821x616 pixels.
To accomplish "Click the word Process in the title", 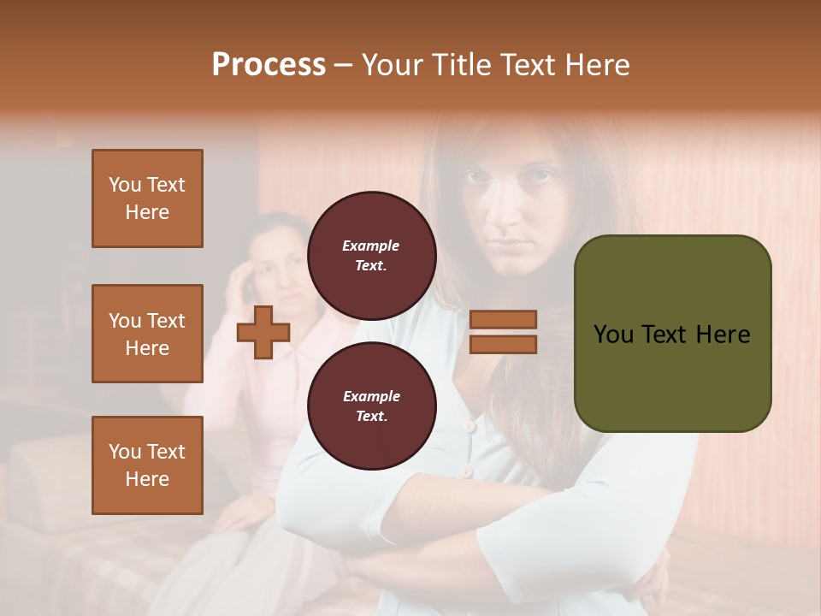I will pyautogui.click(x=269, y=65).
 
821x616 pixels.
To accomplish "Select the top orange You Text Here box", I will pyautogui.click(x=147, y=198).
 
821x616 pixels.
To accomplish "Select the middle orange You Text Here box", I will pyautogui.click(x=147, y=334).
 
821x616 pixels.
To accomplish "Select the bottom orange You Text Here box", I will pyautogui.click(x=147, y=465).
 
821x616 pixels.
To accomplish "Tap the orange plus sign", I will pyautogui.click(x=263, y=333).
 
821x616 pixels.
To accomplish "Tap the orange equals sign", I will pyautogui.click(x=504, y=332).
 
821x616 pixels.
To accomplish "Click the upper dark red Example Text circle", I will pyautogui.click(x=371, y=255).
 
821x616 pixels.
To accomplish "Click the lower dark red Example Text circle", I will pyautogui.click(x=371, y=406).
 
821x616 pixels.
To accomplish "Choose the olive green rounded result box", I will pyautogui.click(x=672, y=334).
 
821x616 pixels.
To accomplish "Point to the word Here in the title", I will pyautogui.click(x=595, y=65).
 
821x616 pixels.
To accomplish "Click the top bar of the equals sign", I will pyautogui.click(x=504, y=319).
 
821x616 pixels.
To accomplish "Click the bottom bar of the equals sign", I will pyautogui.click(x=504, y=344).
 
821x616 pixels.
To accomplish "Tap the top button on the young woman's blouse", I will pyautogui.click(x=468, y=425).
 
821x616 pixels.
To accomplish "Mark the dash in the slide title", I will pyautogui.click(x=344, y=65).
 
